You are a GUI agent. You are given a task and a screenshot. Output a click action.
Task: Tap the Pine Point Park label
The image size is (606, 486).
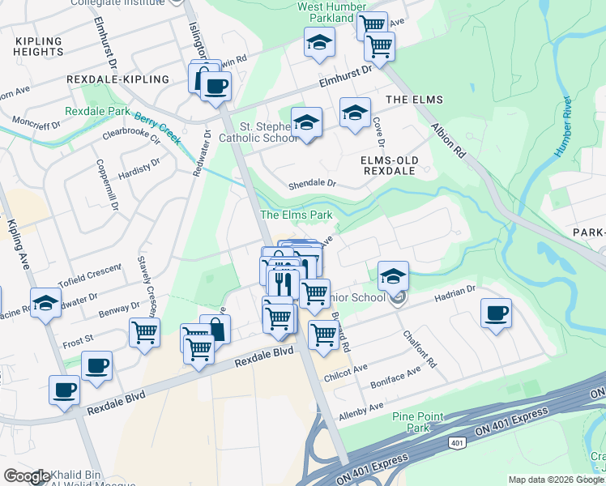(x=418, y=421)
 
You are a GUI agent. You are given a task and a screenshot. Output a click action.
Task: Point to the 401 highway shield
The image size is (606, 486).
(x=457, y=443)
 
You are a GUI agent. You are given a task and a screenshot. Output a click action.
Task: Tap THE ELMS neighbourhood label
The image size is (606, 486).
(x=414, y=100)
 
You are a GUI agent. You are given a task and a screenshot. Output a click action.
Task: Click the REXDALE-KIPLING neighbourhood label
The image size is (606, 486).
(x=118, y=79)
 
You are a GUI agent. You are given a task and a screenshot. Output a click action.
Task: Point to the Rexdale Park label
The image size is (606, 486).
(x=97, y=111)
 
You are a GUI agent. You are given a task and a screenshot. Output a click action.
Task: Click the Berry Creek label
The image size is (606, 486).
(x=157, y=128)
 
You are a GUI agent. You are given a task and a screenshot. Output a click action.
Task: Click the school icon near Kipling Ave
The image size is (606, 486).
(x=46, y=304)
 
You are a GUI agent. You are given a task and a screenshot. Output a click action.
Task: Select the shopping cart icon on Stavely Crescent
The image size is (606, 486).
(x=144, y=331)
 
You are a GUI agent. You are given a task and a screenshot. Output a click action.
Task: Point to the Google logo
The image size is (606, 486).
(x=27, y=476)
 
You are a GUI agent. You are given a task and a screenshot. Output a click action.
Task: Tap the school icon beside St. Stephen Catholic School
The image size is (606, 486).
(x=305, y=123)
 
